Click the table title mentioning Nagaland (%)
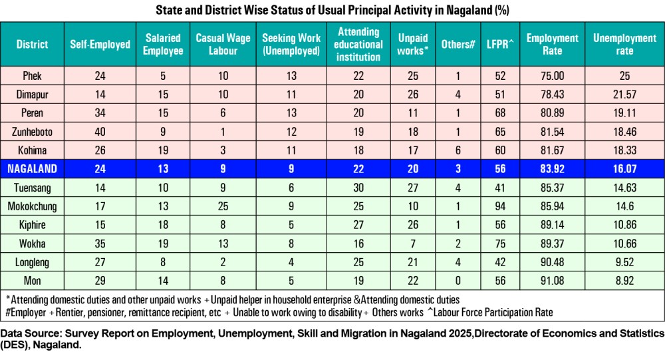(332, 10)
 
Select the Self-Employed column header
(100, 45)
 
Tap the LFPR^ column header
(499, 45)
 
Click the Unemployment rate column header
(624, 45)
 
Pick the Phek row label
(32, 76)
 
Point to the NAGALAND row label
(33, 170)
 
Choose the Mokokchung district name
(33, 207)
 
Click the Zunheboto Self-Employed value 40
(100, 132)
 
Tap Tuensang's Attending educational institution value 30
(358, 188)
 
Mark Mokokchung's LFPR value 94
(499, 207)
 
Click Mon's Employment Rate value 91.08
(552, 281)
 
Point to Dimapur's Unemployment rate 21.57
(624, 94)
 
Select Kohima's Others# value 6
(458, 151)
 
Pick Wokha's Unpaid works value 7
(412, 244)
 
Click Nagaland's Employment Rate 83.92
(552, 170)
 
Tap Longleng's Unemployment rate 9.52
(624, 263)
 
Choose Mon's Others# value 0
(458, 281)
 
